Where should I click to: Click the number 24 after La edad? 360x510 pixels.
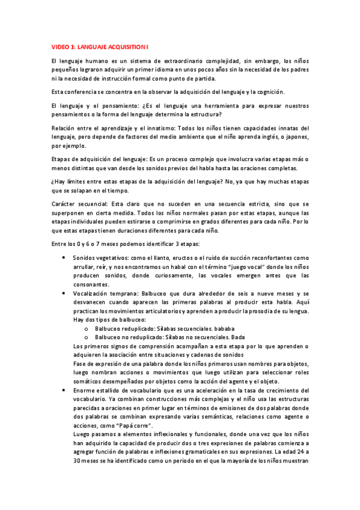pos(302,452)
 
